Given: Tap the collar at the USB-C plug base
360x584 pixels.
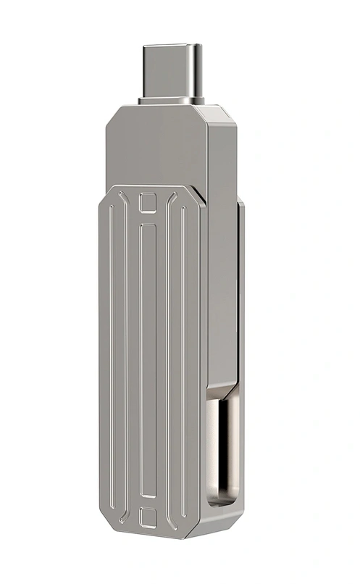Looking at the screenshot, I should tap(171, 101).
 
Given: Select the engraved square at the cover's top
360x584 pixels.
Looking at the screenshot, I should tap(148, 203).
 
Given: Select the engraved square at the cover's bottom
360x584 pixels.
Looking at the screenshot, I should tap(148, 517).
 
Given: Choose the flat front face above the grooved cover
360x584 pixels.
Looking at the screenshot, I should tap(156, 149).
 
